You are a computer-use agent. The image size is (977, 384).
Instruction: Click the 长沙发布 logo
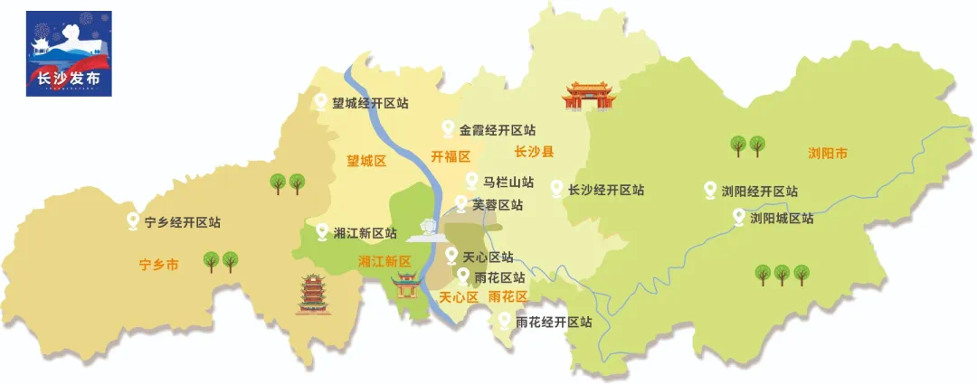point(69,53)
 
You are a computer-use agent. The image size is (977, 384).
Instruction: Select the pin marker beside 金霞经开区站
point(447,129)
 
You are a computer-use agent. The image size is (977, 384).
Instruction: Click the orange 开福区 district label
point(451,155)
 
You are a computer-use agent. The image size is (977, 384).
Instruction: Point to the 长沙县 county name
point(534,151)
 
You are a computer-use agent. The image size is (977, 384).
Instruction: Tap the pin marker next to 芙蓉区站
point(462,204)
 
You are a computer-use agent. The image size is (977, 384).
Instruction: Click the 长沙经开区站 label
point(606,190)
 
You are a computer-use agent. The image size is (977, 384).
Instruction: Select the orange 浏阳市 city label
point(828,154)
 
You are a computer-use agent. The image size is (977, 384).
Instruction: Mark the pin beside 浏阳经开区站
point(710,191)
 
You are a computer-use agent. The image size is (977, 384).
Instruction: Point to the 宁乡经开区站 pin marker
point(134,221)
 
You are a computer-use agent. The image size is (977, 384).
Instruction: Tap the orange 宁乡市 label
point(159,266)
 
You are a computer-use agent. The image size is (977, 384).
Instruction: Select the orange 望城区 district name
point(366,162)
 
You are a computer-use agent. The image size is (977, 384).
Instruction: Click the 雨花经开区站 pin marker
point(505,321)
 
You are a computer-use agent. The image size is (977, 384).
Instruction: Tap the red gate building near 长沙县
point(589,95)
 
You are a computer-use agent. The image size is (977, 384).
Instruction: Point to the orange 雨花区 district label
point(507,296)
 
